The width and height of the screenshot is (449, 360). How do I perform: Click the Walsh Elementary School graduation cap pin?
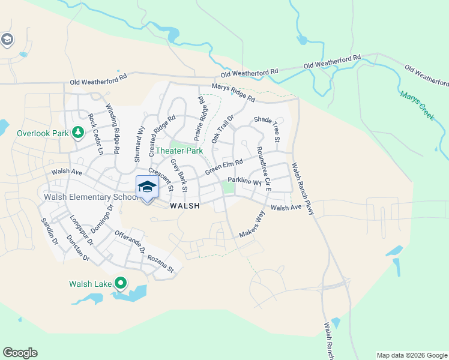pos(147,187)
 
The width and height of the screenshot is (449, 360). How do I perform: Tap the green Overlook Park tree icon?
pos(77,132)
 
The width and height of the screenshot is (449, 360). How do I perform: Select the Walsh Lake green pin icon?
pos(120,282)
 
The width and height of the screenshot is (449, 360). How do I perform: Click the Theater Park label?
pos(179,151)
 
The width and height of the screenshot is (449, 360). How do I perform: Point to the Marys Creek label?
pos(417,106)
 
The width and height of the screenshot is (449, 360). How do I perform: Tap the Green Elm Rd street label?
pos(224,166)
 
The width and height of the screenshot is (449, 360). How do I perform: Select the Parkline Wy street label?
pos(245,182)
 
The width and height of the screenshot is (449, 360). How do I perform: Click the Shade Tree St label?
pos(267,128)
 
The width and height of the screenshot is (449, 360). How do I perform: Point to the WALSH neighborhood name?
pos(184,205)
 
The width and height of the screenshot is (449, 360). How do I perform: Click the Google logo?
pos(20,353)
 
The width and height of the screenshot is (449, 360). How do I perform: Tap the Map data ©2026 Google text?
pos(411,355)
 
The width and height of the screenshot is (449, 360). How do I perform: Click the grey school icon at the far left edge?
pos(7,40)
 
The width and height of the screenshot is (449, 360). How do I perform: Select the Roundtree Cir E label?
pos(262,169)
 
